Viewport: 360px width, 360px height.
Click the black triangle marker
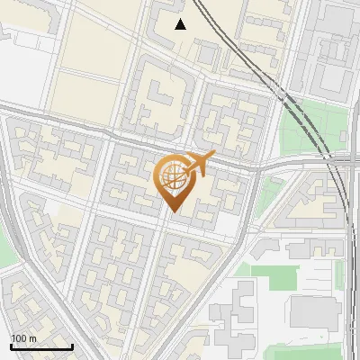point(181,24)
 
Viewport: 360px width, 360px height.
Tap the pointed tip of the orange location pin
point(175,211)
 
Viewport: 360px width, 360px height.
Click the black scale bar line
point(41,347)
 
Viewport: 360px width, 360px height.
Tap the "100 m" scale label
point(23,338)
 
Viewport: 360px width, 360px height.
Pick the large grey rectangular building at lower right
point(315,310)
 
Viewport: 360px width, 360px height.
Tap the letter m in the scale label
point(32,338)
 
